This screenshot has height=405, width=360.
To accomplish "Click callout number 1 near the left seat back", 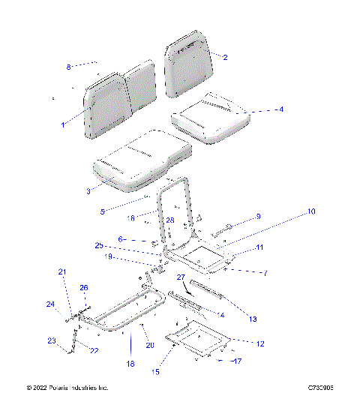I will pos(63,124).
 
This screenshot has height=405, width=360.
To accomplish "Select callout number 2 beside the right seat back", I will pos(226,57).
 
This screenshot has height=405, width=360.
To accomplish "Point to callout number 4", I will pos(280,109).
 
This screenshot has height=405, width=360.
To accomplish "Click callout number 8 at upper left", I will pos(68,67).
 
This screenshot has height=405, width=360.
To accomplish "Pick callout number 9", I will pos(258,217).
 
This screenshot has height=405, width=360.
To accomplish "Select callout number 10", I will pos(310,212).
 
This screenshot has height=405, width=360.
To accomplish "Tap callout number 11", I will pos(259,247).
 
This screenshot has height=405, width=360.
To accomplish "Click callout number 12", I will pos(260,343).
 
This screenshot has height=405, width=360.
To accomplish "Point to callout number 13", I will pos(252,319).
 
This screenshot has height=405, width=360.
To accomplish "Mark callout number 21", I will pos(63,271).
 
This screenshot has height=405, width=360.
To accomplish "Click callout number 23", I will pos(52,341).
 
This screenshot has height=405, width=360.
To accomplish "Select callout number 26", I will pos(84,287).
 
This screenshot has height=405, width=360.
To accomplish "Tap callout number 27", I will pos(180,277).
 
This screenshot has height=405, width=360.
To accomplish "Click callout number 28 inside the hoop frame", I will pos(170,220).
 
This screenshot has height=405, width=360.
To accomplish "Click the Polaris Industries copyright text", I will pos(67,388).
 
